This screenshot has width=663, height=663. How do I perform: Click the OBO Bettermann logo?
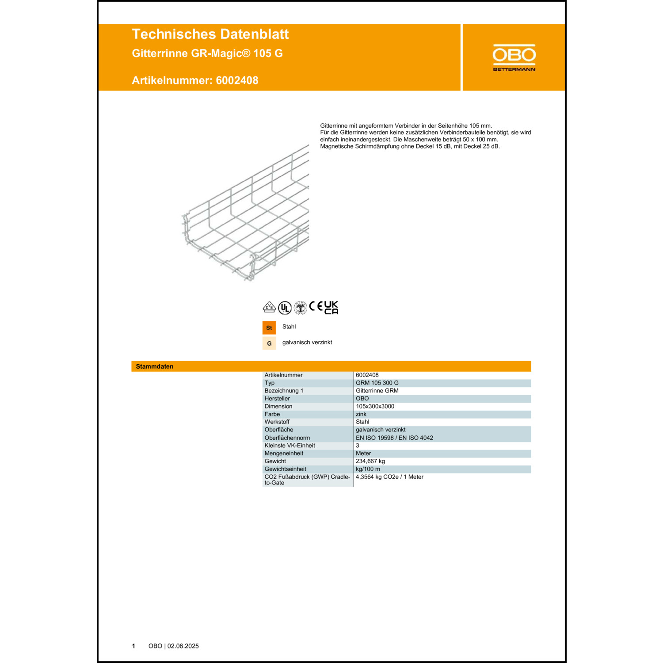click(514, 57)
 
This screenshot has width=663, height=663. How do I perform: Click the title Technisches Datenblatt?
click(210, 34)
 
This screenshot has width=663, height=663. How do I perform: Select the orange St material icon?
click(269, 328)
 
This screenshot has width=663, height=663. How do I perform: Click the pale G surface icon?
click(269, 343)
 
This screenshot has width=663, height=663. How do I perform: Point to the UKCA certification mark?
click(331, 308)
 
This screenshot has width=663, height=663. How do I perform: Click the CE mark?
click(316, 306)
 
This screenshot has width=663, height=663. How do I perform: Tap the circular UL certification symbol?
click(285, 308)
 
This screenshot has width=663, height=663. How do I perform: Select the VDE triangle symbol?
click(269, 307)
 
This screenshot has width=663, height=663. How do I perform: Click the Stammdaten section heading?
click(155, 366)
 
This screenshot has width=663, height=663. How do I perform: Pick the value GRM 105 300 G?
click(377, 383)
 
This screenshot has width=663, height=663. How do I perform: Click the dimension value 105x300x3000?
click(375, 406)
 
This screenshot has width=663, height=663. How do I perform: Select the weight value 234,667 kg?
click(370, 461)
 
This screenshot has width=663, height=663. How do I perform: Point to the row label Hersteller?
click(277, 398)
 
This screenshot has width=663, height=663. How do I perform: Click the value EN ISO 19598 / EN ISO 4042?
click(394, 438)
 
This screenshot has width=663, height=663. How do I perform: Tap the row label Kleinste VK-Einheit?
click(290, 446)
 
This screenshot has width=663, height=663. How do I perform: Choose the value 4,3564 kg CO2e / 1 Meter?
click(389, 477)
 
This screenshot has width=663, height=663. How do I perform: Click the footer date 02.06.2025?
click(183, 646)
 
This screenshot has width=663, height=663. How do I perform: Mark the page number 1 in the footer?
click(133, 646)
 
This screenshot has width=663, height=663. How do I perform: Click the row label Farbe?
click(272, 414)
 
